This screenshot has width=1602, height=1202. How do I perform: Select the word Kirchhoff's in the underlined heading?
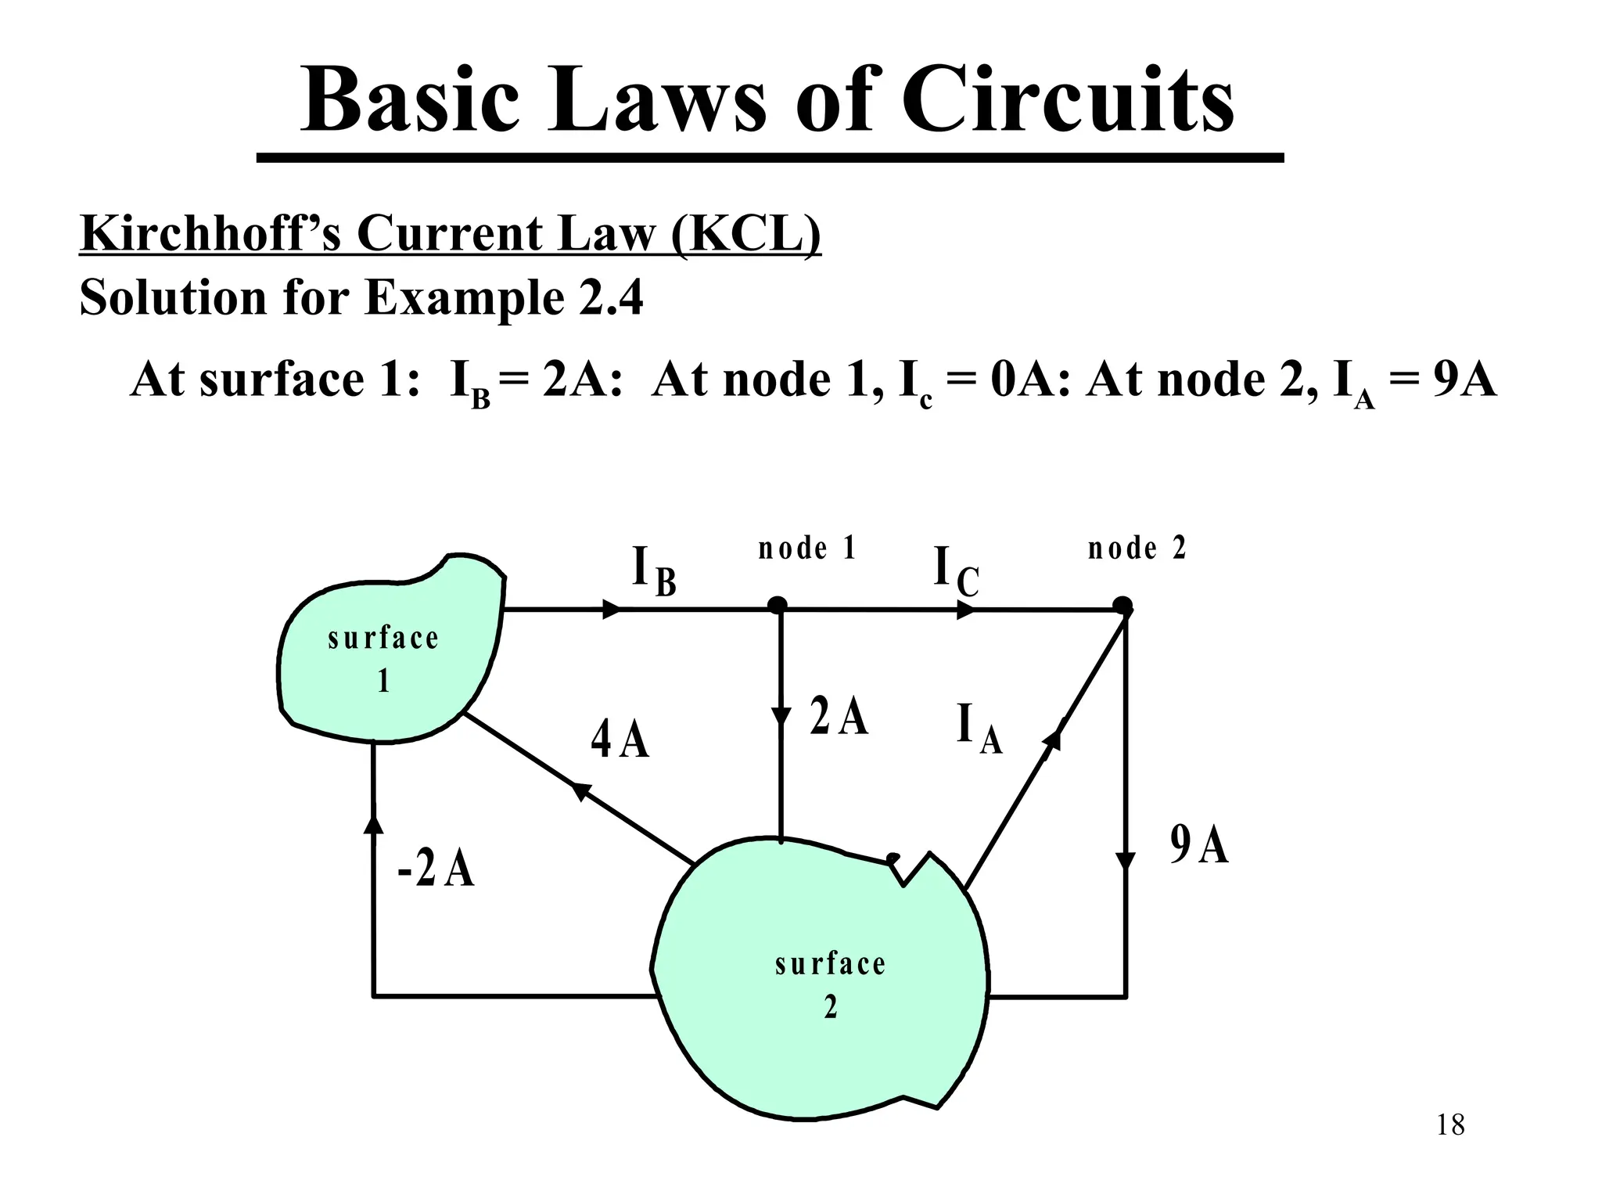[210, 233]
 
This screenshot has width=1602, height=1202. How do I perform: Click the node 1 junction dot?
[777, 606]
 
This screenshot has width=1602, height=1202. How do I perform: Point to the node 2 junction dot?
[1122, 606]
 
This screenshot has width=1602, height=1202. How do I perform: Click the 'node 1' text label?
[807, 548]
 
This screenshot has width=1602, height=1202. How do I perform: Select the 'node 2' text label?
[1137, 548]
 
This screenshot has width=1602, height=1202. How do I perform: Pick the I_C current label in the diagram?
[956, 571]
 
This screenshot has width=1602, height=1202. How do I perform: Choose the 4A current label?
[620, 740]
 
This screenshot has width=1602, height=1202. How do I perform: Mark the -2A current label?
[436, 869]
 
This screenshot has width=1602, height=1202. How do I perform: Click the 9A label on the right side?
[1199, 845]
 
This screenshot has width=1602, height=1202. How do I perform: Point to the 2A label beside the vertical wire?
[839, 716]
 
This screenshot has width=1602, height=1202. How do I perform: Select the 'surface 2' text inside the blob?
[830, 984]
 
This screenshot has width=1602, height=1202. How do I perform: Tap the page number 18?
[1450, 1125]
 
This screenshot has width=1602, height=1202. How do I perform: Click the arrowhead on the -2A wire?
[374, 822]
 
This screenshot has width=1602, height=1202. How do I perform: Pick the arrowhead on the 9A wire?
[1125, 861]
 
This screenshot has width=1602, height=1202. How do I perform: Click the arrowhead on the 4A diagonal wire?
[580, 791]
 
